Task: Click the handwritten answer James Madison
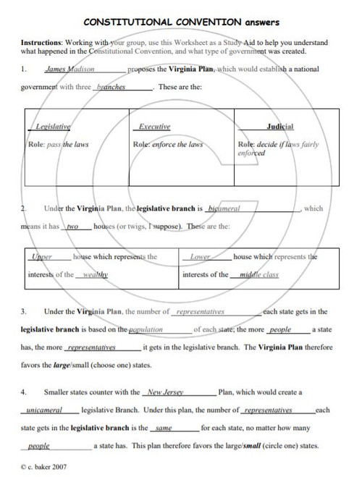[x=65, y=71]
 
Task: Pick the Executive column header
[x=153, y=126]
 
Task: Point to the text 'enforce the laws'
[x=178, y=144]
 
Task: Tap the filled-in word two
[x=72, y=227]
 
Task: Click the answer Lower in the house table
[x=200, y=257]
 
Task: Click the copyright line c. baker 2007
[x=44, y=467]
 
